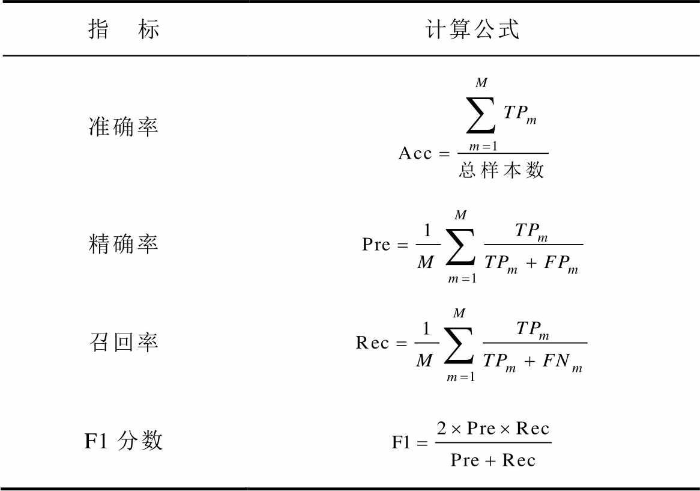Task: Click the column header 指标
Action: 124,29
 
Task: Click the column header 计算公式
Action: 472,29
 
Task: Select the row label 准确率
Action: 124,126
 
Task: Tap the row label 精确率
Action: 124,244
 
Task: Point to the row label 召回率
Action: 124,342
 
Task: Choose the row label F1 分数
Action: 124,441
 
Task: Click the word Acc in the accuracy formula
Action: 415,153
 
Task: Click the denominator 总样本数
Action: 501,170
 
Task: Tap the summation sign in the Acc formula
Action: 481,116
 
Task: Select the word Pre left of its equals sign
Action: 376,245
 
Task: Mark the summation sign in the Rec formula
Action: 459,346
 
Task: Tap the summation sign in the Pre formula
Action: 460,247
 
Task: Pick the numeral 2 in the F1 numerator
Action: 441,428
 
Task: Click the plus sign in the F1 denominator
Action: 491,460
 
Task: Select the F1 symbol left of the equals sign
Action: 401,442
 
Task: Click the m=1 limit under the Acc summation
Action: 483,147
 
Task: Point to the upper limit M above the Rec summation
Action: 459,313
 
